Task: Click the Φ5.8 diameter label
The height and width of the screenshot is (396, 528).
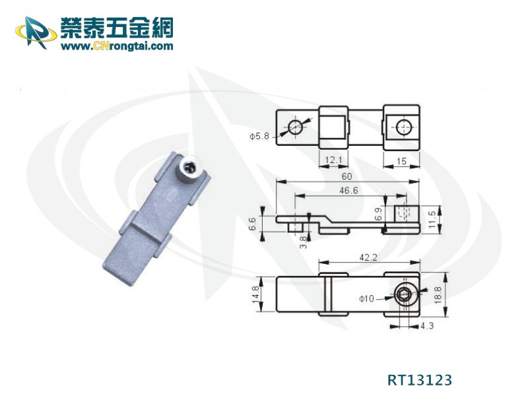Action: [259, 136]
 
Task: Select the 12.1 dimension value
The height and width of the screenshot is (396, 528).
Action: [333, 160]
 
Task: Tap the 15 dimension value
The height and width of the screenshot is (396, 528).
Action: [401, 161]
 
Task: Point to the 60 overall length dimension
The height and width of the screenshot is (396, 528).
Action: [347, 176]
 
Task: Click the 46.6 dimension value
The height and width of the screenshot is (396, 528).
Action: [348, 191]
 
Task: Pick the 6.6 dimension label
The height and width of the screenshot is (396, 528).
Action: [253, 224]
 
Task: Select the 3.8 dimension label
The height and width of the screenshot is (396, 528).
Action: [304, 242]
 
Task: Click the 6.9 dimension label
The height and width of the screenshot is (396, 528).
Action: [378, 214]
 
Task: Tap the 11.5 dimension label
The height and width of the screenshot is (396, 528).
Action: [432, 219]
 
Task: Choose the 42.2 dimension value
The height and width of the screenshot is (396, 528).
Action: [368, 257]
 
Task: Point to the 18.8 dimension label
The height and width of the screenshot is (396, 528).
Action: [438, 295]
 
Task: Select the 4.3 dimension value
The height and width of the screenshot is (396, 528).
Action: [427, 325]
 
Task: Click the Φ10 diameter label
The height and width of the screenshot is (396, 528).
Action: [366, 298]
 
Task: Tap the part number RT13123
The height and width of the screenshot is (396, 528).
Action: [420, 380]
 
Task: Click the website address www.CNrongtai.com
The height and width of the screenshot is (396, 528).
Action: [117, 46]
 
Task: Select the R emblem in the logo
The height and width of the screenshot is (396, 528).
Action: [36, 32]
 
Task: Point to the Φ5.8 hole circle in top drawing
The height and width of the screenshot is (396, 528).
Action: [295, 127]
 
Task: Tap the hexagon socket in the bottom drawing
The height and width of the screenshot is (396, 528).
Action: [403, 296]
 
